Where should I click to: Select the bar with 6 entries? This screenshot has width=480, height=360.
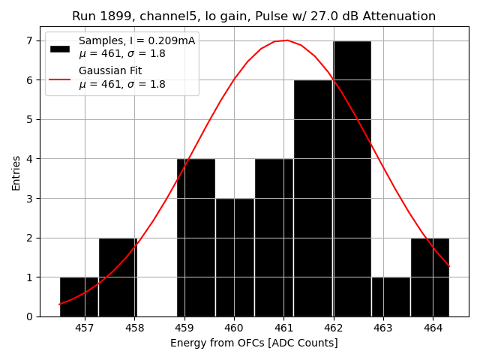[x=313, y=198]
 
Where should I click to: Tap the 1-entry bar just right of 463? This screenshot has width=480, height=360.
[x=391, y=297]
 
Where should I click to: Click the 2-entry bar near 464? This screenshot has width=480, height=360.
[x=430, y=277]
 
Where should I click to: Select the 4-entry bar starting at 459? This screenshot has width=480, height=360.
[x=196, y=238]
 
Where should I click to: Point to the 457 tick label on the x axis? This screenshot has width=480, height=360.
[x=85, y=328]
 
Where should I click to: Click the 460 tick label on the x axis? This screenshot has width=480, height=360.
[x=234, y=328]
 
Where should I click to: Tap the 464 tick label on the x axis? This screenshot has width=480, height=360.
[x=433, y=328]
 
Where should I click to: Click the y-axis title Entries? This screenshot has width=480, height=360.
[x=16, y=172]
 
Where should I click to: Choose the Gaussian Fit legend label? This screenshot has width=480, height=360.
[x=110, y=71]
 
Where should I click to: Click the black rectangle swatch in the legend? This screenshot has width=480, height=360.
[x=60, y=48]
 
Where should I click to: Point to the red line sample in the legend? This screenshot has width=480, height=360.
[x=60, y=78]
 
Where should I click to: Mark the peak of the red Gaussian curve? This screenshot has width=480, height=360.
[x=286, y=40]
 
